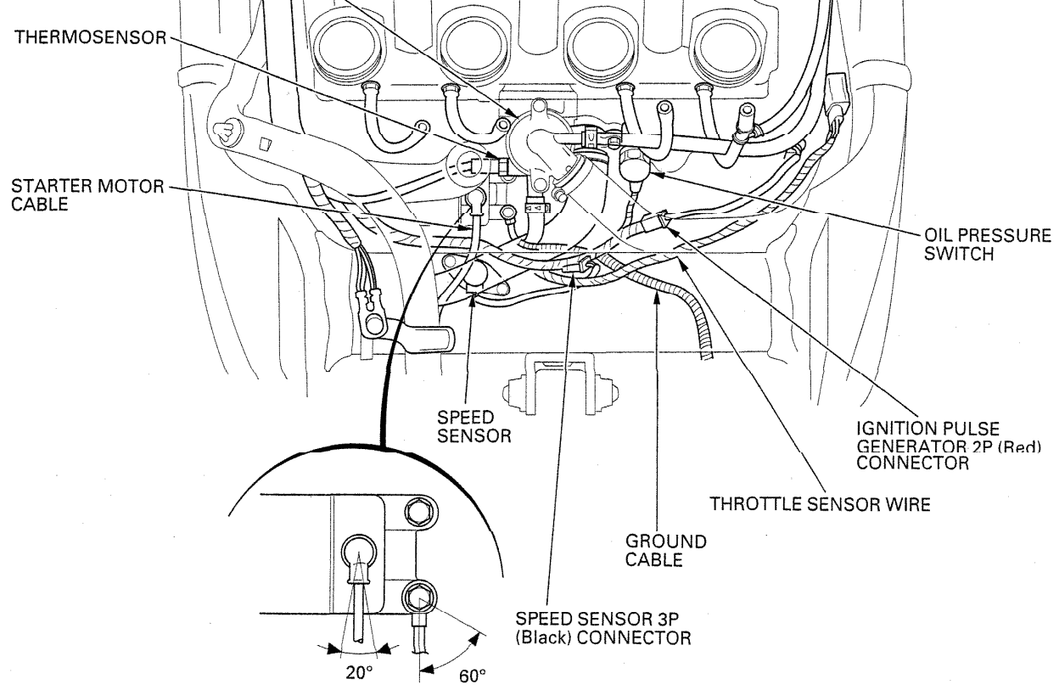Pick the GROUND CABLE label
665,549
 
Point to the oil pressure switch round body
636,167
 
